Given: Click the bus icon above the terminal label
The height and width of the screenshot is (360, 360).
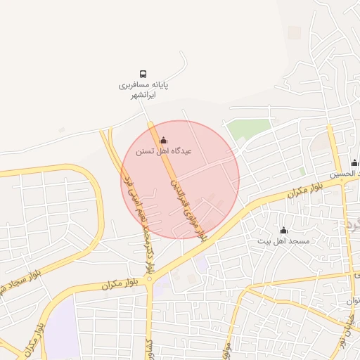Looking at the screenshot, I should [x=143, y=74].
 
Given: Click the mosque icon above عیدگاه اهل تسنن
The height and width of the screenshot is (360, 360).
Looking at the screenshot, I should [x=164, y=140].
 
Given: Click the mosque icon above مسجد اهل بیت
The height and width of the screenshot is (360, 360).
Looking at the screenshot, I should [x=284, y=231].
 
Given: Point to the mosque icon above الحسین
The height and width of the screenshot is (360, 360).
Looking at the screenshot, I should [x=354, y=162].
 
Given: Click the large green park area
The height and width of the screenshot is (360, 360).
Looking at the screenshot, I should [x=249, y=129].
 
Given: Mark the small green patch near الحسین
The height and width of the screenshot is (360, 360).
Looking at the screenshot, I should [x=302, y=171].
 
